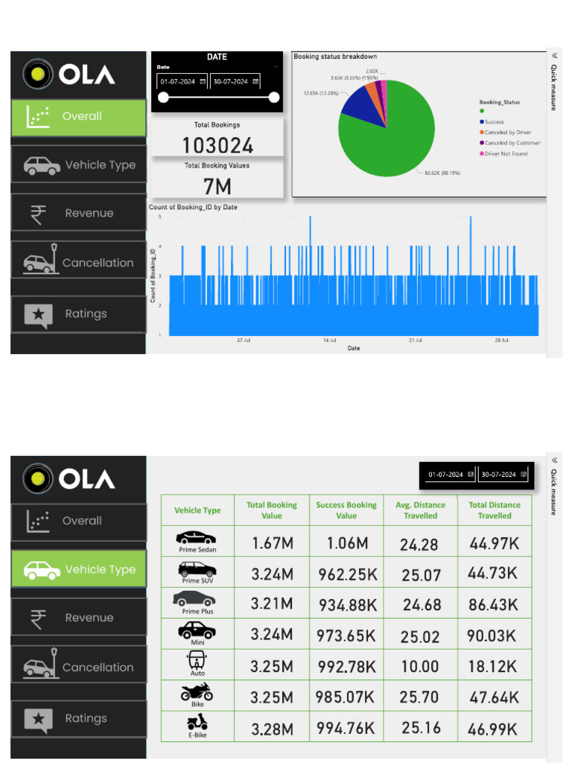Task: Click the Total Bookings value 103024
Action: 217,145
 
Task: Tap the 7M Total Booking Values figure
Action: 217,186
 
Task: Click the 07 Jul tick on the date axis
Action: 244,340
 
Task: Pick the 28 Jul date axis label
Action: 501,340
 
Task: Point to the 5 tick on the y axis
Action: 160,217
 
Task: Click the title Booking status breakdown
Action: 335,57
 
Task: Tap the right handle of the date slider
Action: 274,97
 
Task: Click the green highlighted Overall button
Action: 78,116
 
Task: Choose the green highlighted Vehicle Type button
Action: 78,569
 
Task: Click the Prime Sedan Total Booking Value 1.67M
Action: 272,543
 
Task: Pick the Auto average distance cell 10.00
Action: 420,666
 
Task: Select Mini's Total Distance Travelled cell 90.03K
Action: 494,636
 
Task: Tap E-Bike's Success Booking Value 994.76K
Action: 346,728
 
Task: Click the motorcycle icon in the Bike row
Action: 197,692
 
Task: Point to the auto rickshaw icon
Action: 197,661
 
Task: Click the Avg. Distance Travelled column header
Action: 420,510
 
